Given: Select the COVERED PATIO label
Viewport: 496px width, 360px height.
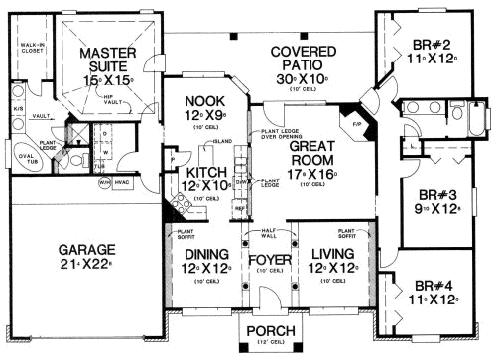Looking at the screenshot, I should coord(297,56).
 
